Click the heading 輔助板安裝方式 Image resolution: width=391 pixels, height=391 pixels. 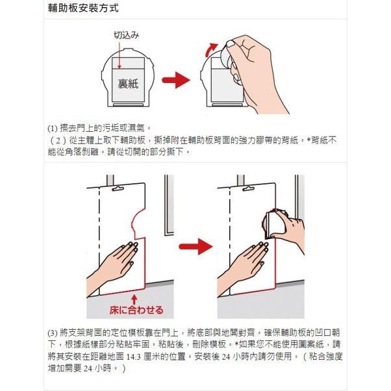[x=83, y=10]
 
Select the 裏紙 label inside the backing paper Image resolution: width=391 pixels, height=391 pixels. [x=127, y=84]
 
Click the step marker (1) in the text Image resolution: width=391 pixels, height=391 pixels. [x=53, y=128]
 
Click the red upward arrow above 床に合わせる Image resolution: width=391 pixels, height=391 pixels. [x=134, y=298]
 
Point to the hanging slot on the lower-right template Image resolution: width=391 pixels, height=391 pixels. [x=249, y=190]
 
